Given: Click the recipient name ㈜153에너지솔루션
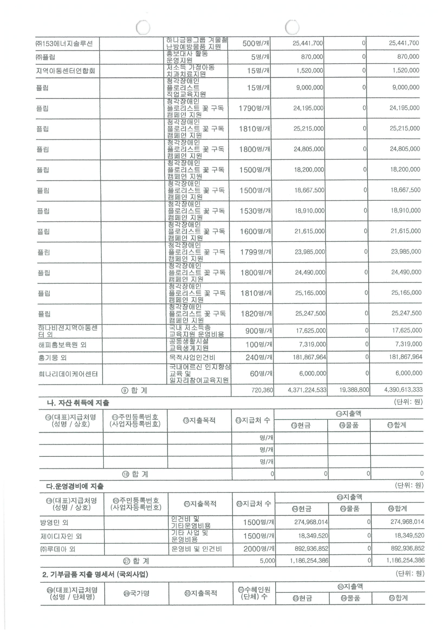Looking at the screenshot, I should click(64, 44).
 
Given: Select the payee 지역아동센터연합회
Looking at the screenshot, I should click(66, 72).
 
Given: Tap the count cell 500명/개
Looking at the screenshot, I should click(256, 44).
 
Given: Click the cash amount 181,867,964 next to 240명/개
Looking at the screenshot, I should click(310, 357).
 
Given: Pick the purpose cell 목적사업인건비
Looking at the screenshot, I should click(194, 358).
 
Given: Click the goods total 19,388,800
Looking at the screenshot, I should click(354, 390).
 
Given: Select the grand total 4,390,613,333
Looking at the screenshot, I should click(403, 390).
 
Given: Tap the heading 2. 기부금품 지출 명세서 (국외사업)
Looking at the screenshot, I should click(96, 574).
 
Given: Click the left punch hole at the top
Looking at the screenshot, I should click(143, 27).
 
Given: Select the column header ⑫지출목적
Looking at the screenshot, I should click(199, 420).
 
